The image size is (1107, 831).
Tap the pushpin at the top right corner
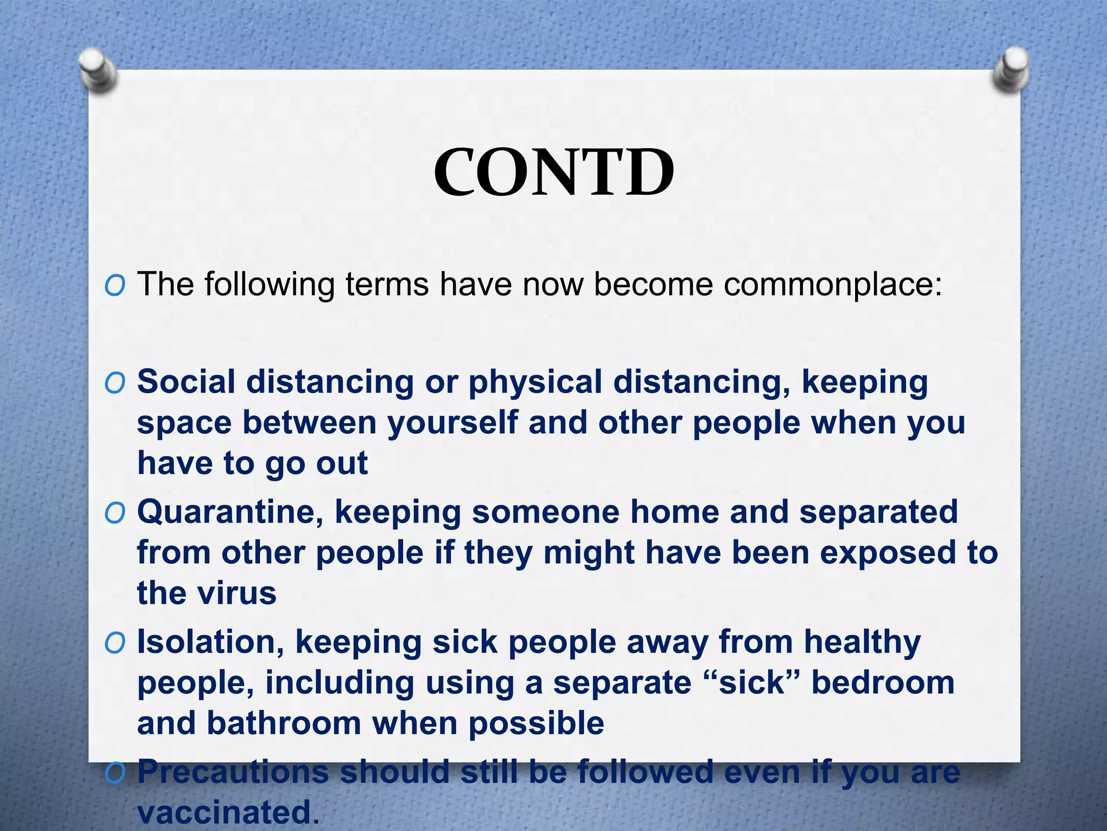point(1011,70)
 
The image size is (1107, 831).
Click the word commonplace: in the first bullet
point(832,285)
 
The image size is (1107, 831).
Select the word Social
point(186,381)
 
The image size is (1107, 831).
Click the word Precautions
point(232,773)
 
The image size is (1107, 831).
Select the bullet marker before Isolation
point(115,643)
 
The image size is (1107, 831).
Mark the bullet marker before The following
point(115,286)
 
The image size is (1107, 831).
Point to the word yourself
point(453,423)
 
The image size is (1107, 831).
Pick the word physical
point(535,382)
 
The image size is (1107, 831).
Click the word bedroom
point(883,683)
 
